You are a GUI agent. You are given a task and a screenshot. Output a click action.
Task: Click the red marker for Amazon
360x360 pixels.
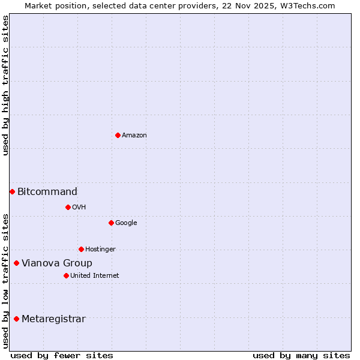(x=118, y=135)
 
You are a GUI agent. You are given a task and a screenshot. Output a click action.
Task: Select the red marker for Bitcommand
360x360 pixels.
(x=12, y=191)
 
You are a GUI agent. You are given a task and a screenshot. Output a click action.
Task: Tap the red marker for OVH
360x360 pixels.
(x=68, y=207)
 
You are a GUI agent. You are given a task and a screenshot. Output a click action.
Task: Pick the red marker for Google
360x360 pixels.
(x=111, y=223)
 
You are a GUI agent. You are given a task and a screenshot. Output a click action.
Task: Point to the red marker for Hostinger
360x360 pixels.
(x=81, y=249)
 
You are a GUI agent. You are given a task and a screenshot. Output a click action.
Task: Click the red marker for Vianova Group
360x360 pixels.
(x=16, y=263)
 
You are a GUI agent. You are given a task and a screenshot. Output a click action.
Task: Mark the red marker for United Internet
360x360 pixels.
(x=66, y=275)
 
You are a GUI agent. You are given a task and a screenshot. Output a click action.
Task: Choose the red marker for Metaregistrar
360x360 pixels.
(x=16, y=319)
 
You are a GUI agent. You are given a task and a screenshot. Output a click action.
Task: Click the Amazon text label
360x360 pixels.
(x=134, y=136)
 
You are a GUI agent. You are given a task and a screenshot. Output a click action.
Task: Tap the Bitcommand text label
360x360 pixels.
(x=47, y=192)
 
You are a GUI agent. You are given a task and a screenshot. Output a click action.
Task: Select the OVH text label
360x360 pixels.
(x=79, y=208)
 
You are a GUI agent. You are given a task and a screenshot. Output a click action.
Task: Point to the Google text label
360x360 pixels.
(x=126, y=223)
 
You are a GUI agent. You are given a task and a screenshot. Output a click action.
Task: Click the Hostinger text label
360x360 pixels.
(x=100, y=250)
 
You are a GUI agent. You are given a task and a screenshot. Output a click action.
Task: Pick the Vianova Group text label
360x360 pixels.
(x=57, y=263)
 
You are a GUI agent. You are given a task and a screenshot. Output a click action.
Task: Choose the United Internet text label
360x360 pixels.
(x=95, y=276)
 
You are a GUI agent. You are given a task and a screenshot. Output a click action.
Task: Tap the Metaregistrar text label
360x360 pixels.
(x=53, y=319)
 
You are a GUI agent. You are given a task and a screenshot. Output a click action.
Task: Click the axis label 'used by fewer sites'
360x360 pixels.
(x=62, y=355)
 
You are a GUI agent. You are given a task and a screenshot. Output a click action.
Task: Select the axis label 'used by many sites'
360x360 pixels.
(x=301, y=355)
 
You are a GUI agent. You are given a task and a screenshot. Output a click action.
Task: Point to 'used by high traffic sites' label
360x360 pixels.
(x=5, y=86)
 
